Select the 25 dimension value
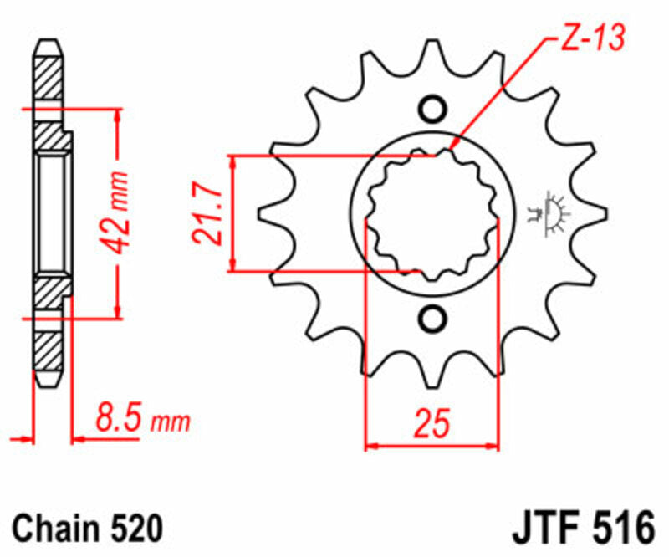point(432,423)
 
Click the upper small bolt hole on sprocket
point(432,110)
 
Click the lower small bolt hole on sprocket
point(432,318)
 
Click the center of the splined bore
point(432,213)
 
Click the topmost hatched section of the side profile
point(49,79)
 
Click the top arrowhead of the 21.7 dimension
point(234,161)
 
